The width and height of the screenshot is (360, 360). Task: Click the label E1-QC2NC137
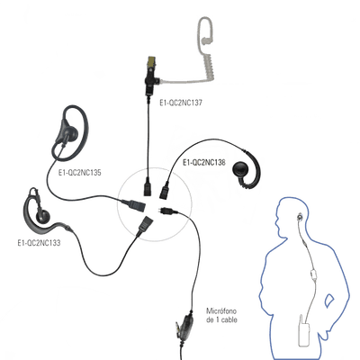181,103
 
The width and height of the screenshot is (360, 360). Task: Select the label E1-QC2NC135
80,173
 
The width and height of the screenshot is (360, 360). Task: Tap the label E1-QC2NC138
204,163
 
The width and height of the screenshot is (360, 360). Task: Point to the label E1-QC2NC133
39,243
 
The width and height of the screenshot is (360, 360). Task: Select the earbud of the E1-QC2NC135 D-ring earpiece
69,132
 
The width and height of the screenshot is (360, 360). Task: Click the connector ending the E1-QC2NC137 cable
148,186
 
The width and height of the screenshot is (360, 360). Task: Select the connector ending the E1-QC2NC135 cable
134,204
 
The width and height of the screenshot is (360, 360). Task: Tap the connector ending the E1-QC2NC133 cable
145,225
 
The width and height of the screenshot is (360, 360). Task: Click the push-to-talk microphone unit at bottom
185,325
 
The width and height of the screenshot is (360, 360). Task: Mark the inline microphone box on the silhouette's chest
314,274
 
